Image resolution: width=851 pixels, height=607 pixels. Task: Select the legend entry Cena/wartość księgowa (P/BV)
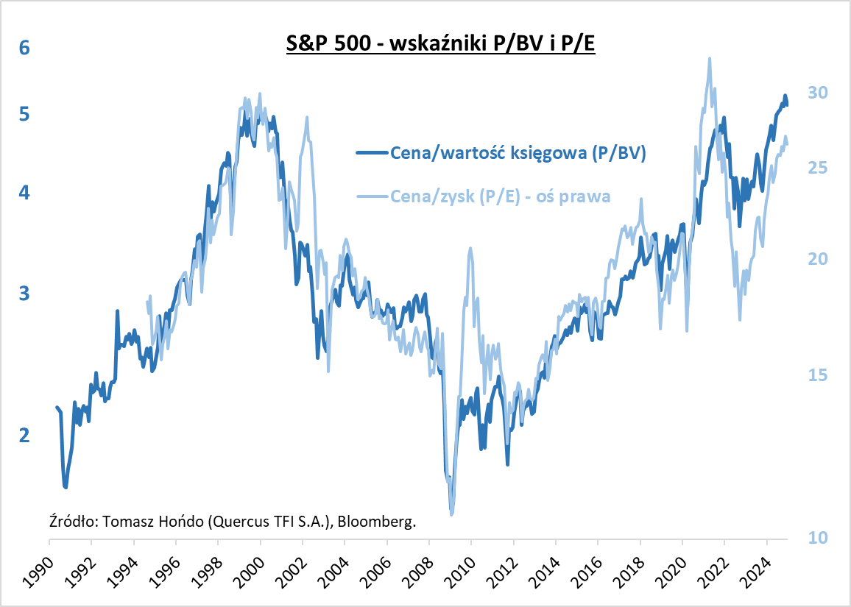coord(518,153)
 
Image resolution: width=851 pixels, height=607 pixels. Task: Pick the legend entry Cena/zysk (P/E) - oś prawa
coord(501,196)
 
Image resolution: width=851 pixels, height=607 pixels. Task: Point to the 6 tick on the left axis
coord(24,48)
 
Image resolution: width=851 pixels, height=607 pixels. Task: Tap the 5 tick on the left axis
coord(24,115)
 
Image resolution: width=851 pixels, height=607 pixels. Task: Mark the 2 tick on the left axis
coord(24,436)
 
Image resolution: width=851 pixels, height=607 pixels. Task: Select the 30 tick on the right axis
coord(818,93)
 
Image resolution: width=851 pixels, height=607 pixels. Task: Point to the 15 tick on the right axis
coord(818,375)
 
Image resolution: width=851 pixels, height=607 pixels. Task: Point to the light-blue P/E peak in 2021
coord(709,59)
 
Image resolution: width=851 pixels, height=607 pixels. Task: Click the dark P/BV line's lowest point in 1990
coord(66,486)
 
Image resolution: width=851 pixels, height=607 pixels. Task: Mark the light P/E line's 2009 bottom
coord(451,513)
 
